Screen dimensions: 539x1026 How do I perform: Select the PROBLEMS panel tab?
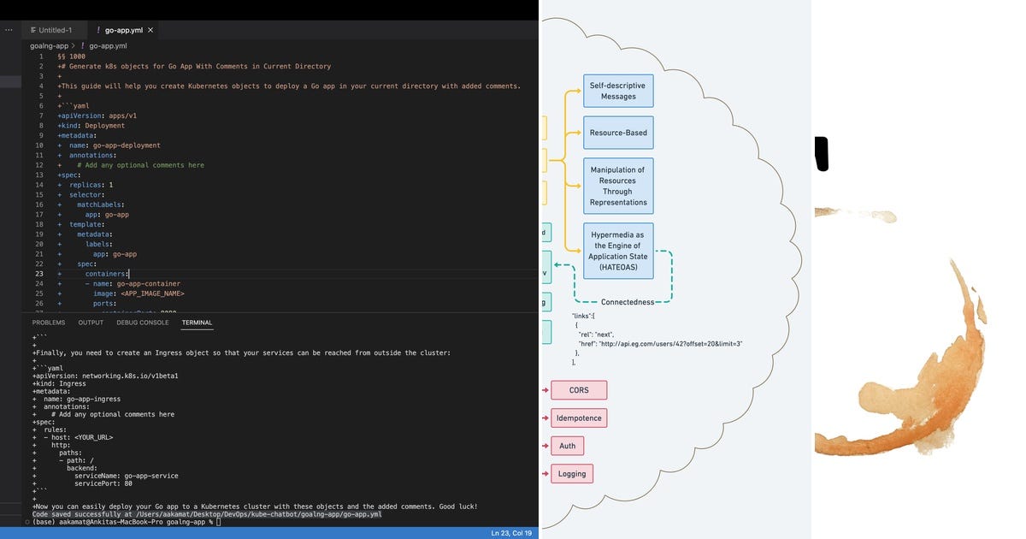click(49, 323)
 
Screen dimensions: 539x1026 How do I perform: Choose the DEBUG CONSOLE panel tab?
click(143, 323)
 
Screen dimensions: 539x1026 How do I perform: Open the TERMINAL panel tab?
click(197, 323)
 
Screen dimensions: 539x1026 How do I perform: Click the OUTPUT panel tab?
click(91, 323)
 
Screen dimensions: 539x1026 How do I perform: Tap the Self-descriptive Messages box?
click(618, 91)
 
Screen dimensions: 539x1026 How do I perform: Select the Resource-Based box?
click(618, 133)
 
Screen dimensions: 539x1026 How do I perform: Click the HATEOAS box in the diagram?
click(618, 251)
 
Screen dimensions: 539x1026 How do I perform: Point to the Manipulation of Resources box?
click(618, 186)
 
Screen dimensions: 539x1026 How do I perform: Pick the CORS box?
click(579, 390)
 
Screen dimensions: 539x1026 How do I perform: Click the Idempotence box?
click(579, 418)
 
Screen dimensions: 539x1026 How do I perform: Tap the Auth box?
click(568, 446)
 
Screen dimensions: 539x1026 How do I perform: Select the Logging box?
click(572, 473)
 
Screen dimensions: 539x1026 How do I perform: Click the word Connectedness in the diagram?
click(627, 302)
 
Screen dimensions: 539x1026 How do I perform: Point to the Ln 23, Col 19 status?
click(511, 533)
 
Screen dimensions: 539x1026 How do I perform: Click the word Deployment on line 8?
click(104, 126)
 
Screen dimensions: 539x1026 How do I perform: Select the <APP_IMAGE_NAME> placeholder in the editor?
click(150, 293)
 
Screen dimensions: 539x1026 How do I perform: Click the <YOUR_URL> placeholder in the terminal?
click(93, 437)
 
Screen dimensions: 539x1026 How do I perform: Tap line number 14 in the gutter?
click(39, 185)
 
